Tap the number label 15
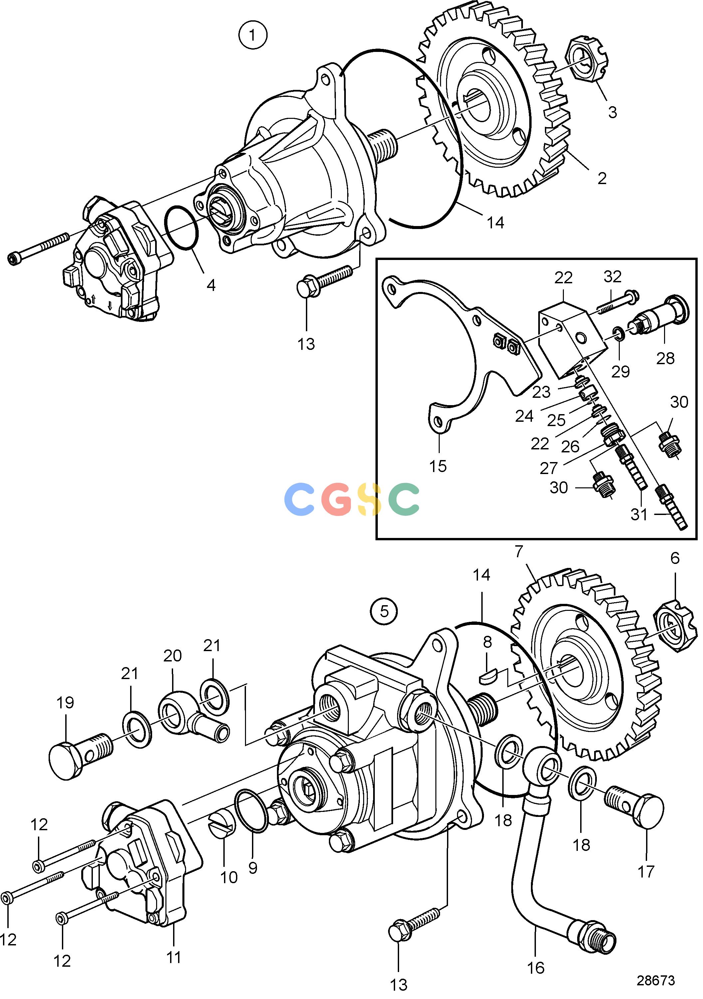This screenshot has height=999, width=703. click(438, 466)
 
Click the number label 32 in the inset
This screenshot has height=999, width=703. click(612, 276)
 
